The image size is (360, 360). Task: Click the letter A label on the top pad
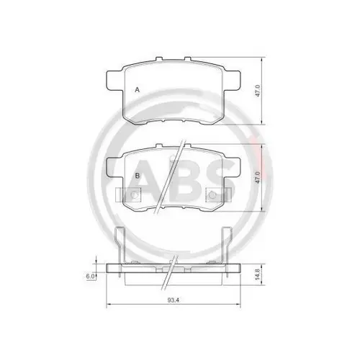click(136, 89)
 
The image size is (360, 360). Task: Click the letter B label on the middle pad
click(136, 175)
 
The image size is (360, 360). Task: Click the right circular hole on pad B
click(213, 196)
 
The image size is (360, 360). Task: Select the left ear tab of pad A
click(113, 79)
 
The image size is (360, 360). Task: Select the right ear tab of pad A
click(234, 79)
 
